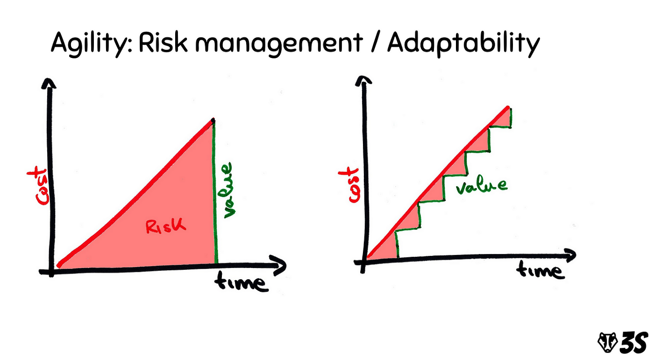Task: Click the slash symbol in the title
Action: (x=375, y=42)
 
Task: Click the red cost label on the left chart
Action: (x=38, y=185)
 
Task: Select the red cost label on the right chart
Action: (x=349, y=185)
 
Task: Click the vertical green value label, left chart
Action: (x=228, y=190)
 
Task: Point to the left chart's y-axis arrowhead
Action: (x=49, y=84)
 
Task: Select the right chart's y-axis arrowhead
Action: (x=363, y=80)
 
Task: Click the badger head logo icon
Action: (x=607, y=342)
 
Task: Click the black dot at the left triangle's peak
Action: (x=213, y=120)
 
